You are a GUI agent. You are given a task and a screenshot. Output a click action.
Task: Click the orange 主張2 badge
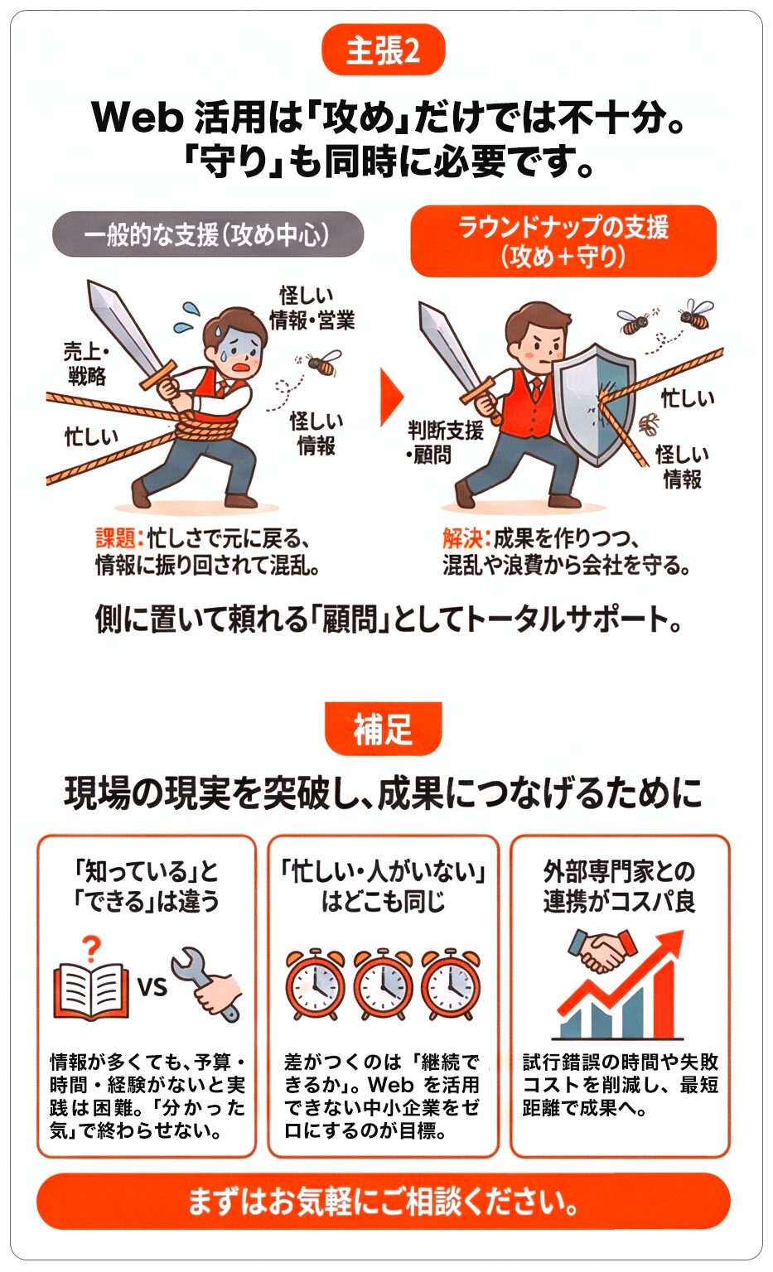click(x=383, y=51)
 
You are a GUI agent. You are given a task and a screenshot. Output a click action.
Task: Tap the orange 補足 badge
click(x=383, y=729)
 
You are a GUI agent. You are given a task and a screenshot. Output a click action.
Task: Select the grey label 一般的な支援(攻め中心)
click(x=208, y=234)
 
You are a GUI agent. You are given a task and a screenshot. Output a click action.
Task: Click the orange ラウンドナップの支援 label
click(x=563, y=241)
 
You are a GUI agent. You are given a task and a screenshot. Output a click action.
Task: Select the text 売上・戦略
click(x=86, y=364)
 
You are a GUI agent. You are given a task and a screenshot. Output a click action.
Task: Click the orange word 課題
click(x=115, y=538)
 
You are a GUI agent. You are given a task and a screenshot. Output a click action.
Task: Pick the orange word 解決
click(x=461, y=538)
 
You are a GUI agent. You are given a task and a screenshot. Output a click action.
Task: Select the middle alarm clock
click(x=383, y=985)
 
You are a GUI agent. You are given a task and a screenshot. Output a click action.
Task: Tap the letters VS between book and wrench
click(x=152, y=987)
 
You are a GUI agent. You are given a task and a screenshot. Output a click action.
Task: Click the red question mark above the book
click(x=92, y=947)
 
